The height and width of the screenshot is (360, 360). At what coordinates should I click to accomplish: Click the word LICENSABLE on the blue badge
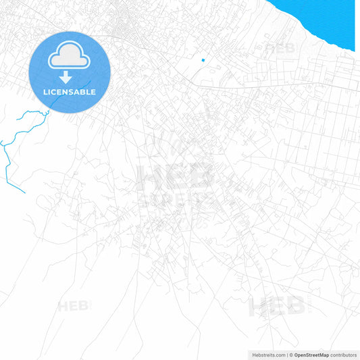tap(70, 92)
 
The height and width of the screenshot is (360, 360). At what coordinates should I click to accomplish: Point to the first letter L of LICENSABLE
tap(45, 92)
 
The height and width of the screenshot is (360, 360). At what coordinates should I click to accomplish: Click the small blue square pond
tap(203, 60)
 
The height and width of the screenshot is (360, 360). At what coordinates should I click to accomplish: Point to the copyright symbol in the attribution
tap(291, 355)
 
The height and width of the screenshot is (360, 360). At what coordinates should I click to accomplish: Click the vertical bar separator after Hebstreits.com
tap(287, 355)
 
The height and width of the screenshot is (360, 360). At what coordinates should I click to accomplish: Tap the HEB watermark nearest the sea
tap(279, 48)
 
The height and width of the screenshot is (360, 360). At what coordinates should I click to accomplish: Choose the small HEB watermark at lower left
tap(73, 307)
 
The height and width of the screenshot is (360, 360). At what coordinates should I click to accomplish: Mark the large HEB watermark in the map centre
tap(176, 177)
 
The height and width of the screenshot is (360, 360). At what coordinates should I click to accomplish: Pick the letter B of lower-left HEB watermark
tap(84, 307)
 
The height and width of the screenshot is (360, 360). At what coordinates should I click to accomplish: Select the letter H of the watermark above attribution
tap(257, 307)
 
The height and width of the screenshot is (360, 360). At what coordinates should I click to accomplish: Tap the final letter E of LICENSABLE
tap(93, 92)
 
